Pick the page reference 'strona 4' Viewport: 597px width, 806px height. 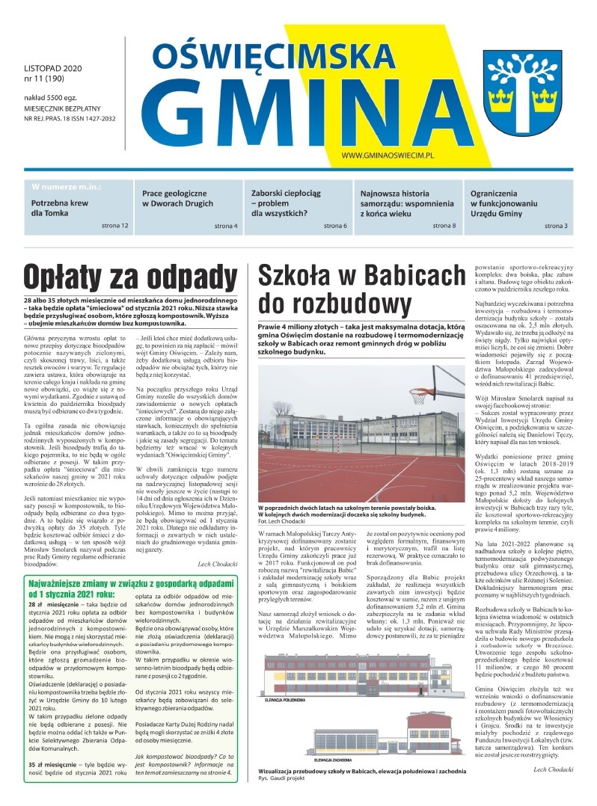click(225, 225)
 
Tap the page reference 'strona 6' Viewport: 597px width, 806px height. click(335, 225)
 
